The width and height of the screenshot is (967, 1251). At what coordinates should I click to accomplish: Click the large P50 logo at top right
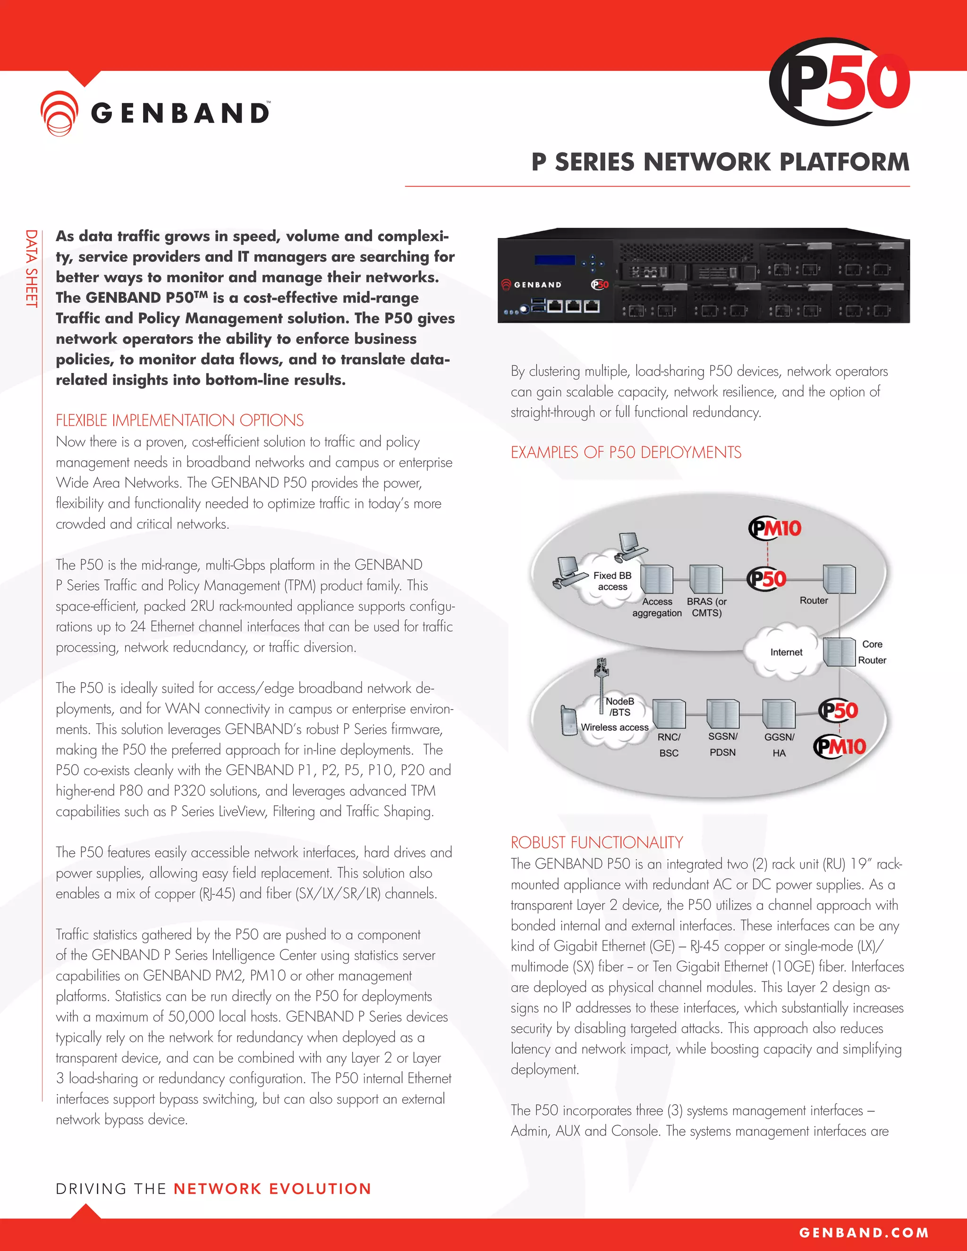[839, 82]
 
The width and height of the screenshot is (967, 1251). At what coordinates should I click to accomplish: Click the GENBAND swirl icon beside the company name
[59, 113]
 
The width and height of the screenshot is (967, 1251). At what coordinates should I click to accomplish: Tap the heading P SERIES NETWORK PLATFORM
[720, 162]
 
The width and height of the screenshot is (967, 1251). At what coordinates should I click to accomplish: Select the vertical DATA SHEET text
[31, 268]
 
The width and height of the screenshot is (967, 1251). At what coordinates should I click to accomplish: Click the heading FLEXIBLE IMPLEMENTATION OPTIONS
[179, 421]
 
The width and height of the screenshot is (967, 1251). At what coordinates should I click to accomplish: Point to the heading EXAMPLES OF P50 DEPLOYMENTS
[626, 453]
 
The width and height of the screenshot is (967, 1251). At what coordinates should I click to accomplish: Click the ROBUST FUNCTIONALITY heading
[596, 843]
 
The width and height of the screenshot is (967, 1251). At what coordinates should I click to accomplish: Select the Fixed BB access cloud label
[612, 581]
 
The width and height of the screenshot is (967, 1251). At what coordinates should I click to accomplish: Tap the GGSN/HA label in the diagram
[779, 744]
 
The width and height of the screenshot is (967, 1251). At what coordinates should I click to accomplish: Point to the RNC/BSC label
[669, 744]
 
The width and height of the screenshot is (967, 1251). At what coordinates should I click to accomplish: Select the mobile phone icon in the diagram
[569, 720]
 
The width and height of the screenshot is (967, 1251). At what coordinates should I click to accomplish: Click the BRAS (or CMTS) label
[706, 607]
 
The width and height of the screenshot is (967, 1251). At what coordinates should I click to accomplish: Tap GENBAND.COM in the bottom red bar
[863, 1233]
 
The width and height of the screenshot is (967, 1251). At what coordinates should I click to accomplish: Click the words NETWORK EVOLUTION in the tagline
[272, 1189]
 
